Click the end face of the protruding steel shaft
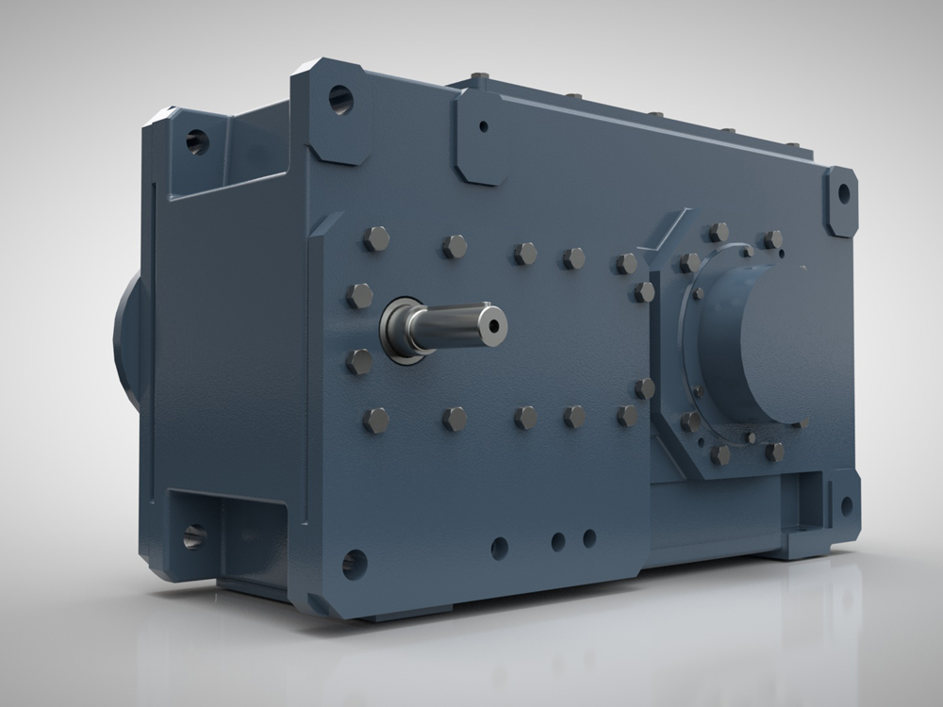coord(492,323)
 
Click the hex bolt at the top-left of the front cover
coord(375,238)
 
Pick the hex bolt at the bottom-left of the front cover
coord(375,419)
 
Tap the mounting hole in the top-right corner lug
coord(842,195)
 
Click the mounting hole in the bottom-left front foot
coord(354,564)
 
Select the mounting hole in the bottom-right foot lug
coord(846,505)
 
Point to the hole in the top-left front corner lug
coord(340,98)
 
